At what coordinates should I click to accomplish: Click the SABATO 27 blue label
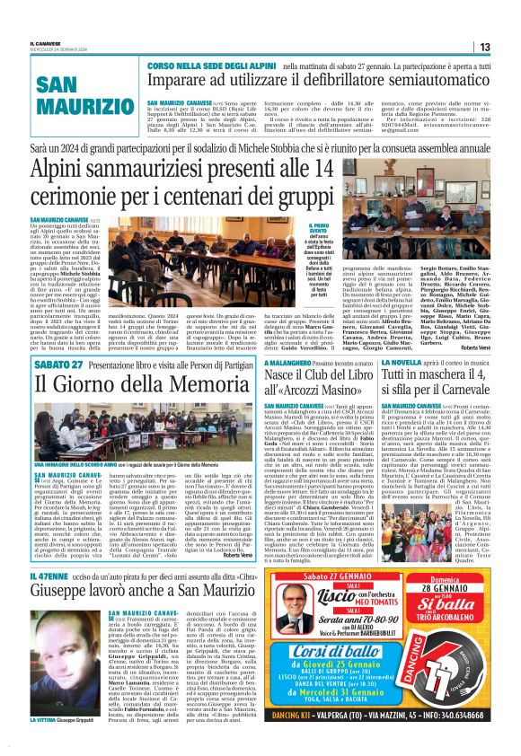coord(57,365)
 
